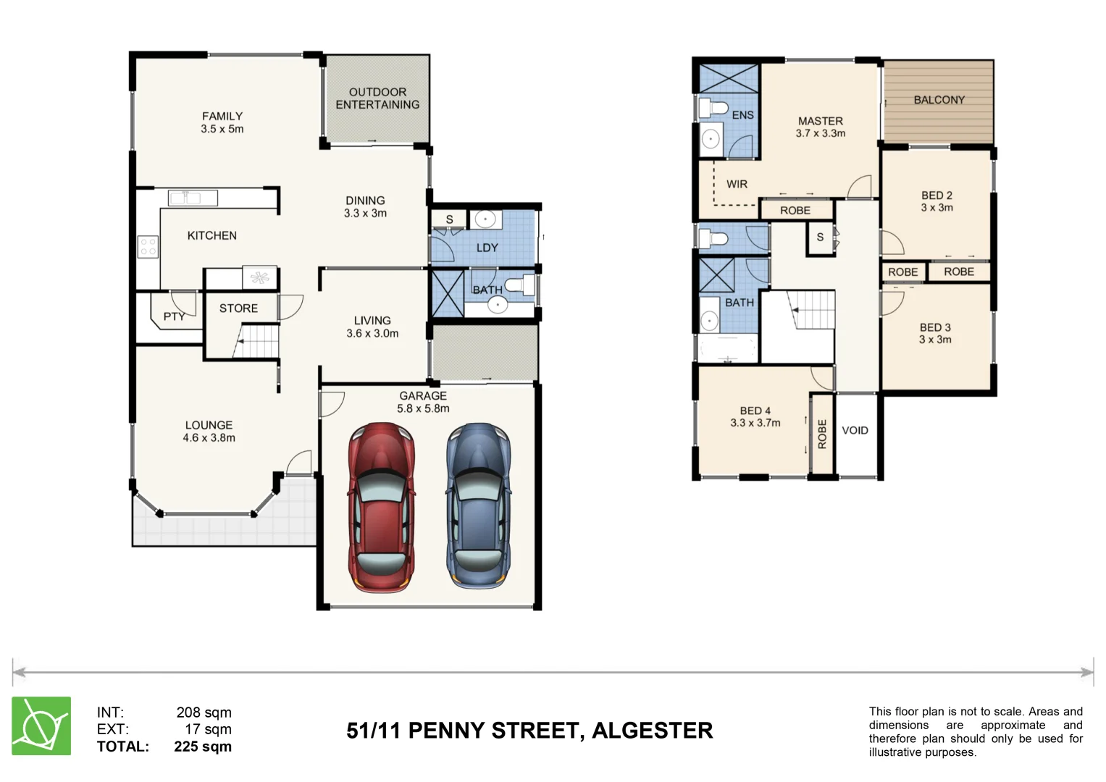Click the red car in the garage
pyautogui.click(x=382, y=507)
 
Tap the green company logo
pyautogui.click(x=41, y=726)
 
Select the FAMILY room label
pyautogui.click(x=222, y=116)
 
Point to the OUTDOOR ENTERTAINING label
pyautogui.click(x=377, y=98)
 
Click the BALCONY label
pyautogui.click(x=939, y=100)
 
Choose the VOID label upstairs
pyautogui.click(x=855, y=430)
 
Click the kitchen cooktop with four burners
pyautogui.click(x=148, y=247)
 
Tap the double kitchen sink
pyautogui.click(x=193, y=198)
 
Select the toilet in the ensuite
pyautogui.click(x=715, y=109)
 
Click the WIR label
pyautogui.click(x=737, y=185)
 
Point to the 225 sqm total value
pyautogui.click(x=203, y=747)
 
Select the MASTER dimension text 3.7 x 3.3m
pyautogui.click(x=821, y=133)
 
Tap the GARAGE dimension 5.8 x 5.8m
pyautogui.click(x=423, y=408)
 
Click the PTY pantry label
pyautogui.click(x=174, y=316)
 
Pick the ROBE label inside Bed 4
pyautogui.click(x=822, y=434)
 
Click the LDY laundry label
pyautogui.click(x=487, y=248)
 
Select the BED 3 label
pyautogui.click(x=935, y=327)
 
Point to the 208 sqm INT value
pyautogui.click(x=204, y=712)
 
